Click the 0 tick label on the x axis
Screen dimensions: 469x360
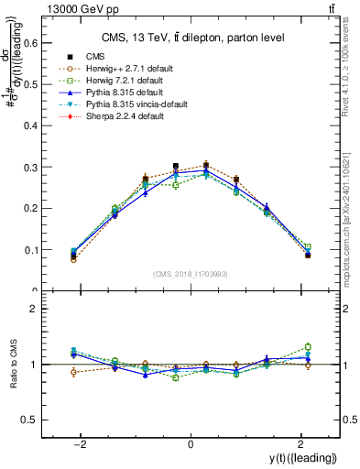coord(190,444)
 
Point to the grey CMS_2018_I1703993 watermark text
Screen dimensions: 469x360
coord(190,275)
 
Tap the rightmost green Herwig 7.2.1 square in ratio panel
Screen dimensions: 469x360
coord(308,346)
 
